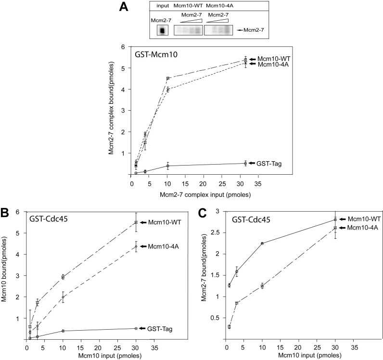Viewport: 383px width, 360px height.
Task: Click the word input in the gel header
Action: [x=163, y=6]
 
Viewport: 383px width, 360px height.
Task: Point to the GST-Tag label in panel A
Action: [x=270, y=164]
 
